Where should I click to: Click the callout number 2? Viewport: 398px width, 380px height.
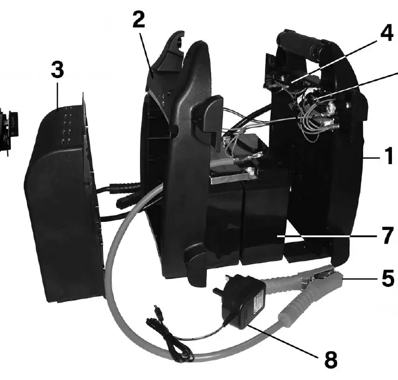[139, 20]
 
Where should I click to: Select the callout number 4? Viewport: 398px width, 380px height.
[387, 33]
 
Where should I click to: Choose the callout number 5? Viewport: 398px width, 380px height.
[388, 278]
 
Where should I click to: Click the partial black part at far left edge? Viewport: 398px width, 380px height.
[9, 132]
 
